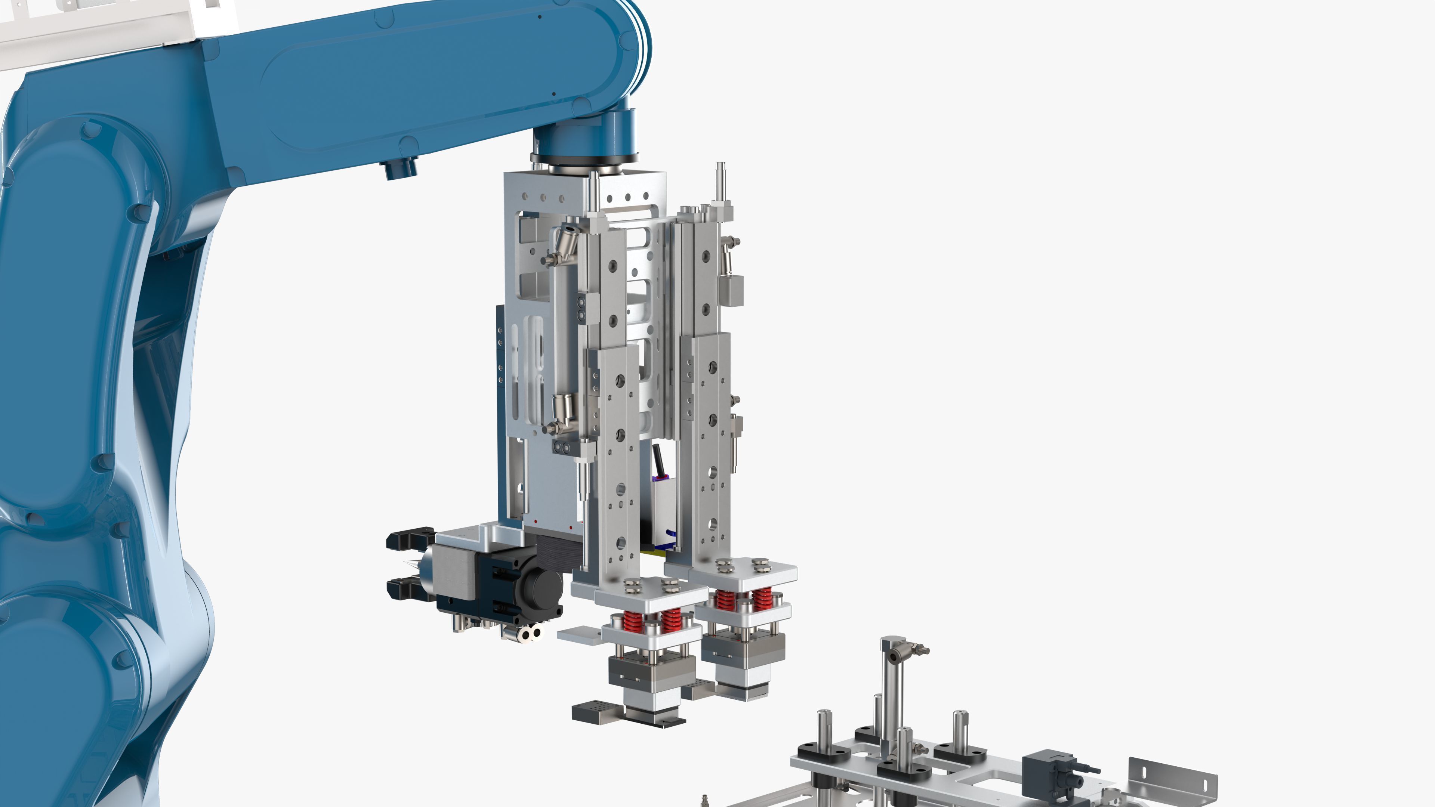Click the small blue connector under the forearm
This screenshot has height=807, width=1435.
coord(400,168)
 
